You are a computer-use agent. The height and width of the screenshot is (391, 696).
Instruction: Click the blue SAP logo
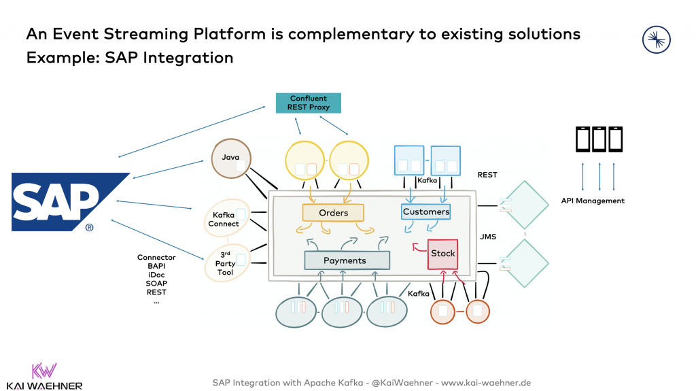coord(68,201)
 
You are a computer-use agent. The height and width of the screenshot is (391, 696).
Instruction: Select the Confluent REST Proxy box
coord(308,103)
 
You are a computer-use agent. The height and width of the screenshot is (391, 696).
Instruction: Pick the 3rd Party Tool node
coord(225,263)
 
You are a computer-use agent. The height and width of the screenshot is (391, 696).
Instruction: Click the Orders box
coord(333,213)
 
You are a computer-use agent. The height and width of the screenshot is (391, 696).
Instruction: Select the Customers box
coord(426,211)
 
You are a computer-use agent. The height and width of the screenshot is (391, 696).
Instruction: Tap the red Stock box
coord(443,254)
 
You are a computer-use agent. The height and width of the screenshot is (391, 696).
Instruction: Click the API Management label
coord(593,201)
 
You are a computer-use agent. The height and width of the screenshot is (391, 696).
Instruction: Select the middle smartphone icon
coord(599,139)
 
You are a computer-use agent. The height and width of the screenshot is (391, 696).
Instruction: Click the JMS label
coord(489,237)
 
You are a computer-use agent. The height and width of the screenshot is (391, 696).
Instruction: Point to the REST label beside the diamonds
coord(487,175)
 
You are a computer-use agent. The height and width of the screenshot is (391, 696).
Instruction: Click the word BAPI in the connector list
coord(156,266)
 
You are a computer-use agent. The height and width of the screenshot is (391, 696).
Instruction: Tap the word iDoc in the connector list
coord(156,275)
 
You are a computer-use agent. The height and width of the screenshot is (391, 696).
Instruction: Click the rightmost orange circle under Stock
coord(477,311)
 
